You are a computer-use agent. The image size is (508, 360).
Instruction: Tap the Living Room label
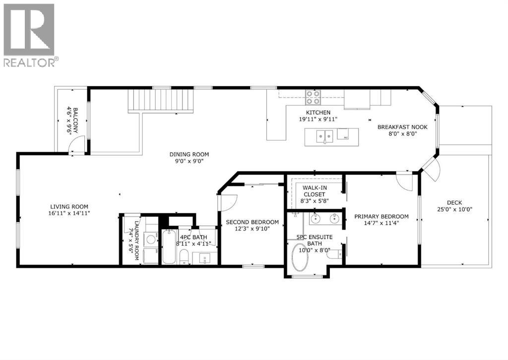[69, 207]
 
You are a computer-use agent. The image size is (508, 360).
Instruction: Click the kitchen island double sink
[325, 134]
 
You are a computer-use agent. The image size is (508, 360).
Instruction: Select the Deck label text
[454, 202]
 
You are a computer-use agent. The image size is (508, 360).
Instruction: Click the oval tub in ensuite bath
[300, 257]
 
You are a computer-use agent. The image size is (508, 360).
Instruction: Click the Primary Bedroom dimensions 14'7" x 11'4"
[381, 223]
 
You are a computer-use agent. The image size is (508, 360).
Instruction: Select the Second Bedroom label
[252, 222]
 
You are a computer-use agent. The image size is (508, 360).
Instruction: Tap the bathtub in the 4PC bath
[168, 247]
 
